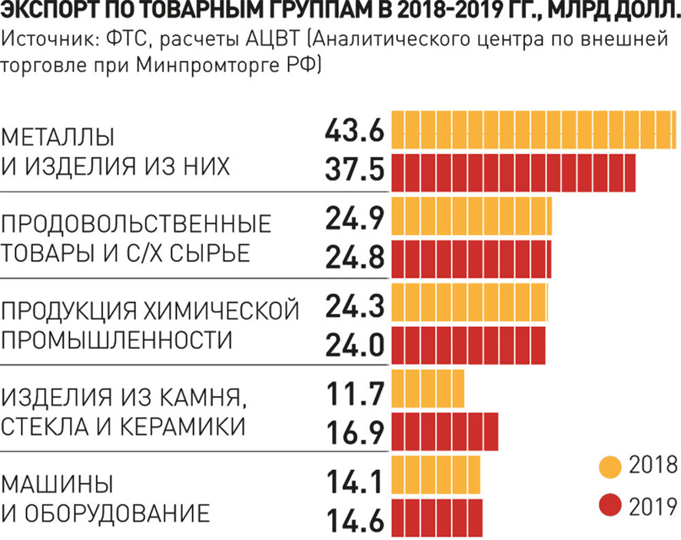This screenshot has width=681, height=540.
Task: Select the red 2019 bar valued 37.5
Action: (513, 172)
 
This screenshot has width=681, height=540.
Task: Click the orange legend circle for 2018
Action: (610, 466)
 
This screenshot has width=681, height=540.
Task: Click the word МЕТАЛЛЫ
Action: (58, 138)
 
